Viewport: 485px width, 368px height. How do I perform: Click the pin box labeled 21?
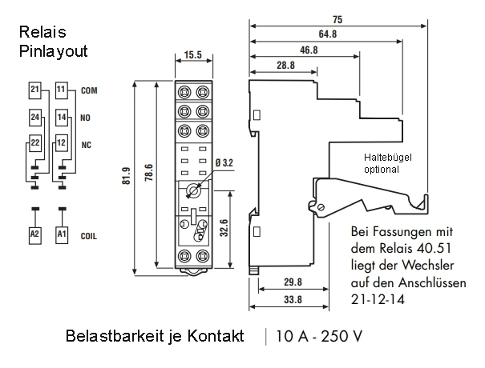pyautogui.click(x=34, y=90)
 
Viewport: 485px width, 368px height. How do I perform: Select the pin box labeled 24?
pyautogui.click(x=34, y=117)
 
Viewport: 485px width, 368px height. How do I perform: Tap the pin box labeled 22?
pyautogui.click(x=34, y=143)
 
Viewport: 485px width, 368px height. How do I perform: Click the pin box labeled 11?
pyautogui.click(x=61, y=90)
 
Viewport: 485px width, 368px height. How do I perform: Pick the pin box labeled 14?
pyautogui.click(x=61, y=117)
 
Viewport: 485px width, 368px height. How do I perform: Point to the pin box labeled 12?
pyautogui.click(x=61, y=143)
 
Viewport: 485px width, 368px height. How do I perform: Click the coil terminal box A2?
pyautogui.click(x=34, y=234)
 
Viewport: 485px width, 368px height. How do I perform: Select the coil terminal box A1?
pyautogui.click(x=61, y=234)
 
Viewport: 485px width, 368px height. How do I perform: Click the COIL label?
pyautogui.click(x=90, y=235)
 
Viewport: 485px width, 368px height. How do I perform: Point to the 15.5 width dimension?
pyautogui.click(x=192, y=56)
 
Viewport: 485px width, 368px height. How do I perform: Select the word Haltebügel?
pyautogui.click(x=389, y=158)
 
